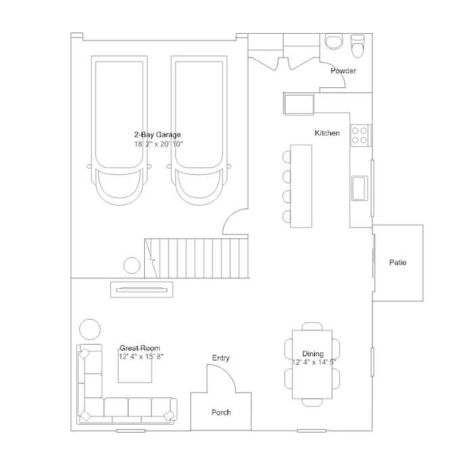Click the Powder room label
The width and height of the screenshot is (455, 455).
coord(343,71)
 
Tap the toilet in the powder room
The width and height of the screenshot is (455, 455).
coord(357,47)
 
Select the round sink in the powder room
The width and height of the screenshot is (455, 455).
coord(334,41)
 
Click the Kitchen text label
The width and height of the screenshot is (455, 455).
coord(327,133)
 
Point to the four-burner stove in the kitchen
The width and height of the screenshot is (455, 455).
coord(360,135)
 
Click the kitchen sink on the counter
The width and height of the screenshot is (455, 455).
coord(360,188)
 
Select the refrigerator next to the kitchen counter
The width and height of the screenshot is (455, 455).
coord(299,104)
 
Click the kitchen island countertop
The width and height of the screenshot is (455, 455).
coord(301,186)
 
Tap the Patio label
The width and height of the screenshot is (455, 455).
coord(397,262)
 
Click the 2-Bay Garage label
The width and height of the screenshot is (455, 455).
coord(158,135)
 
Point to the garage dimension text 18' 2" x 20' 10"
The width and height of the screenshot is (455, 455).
coord(158,144)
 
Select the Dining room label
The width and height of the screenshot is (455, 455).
coord(313,353)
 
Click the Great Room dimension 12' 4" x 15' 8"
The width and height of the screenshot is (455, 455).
coord(141,356)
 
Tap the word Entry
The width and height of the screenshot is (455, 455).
coord(221,358)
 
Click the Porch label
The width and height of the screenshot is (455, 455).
coord(221,412)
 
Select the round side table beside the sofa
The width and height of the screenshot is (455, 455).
coord(90,329)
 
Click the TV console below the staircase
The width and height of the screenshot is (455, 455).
coord(142,289)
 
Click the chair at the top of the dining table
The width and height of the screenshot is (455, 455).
coord(312,326)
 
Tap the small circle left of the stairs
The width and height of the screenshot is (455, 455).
coord(132,265)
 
